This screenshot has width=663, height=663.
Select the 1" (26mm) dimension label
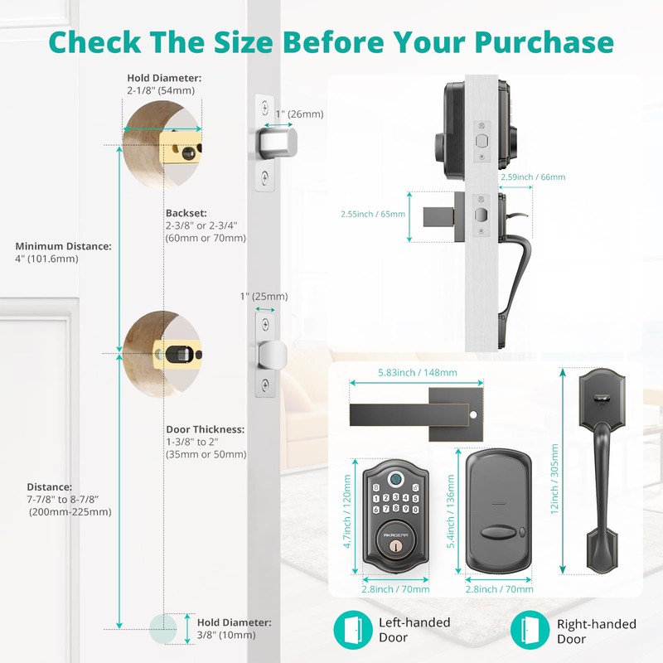[300, 114]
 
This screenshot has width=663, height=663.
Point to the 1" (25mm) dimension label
[264, 297]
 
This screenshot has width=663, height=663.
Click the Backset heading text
[186, 212]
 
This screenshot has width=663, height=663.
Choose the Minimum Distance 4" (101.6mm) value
[46, 259]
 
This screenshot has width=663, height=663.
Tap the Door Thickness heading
[205, 429]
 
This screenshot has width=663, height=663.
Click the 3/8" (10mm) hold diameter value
[225, 635]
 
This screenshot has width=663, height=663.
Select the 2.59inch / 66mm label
[533, 177]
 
